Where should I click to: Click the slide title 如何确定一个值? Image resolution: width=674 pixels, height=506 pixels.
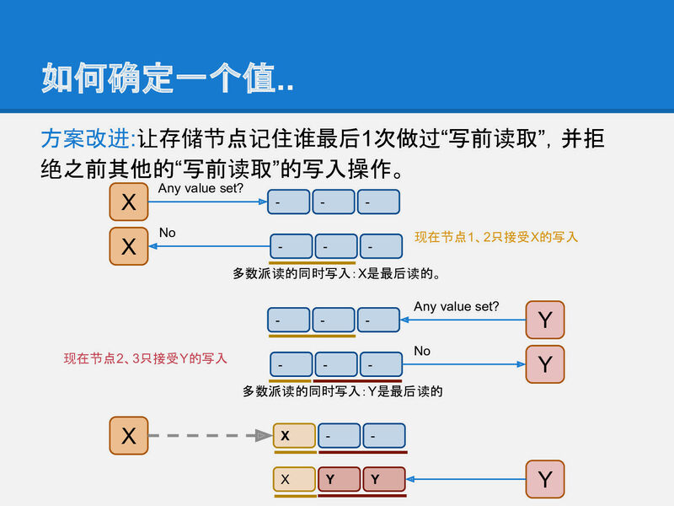coord(167,78)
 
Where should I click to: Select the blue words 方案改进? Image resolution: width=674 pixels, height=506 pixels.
coord(88,138)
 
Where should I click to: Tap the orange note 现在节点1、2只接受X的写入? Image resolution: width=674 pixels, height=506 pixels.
coord(496,237)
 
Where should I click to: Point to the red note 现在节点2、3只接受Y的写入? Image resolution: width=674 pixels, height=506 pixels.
coord(145,358)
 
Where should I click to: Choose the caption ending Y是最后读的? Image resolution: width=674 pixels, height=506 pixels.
coord(343,391)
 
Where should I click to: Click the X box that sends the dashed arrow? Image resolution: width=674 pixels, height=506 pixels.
coord(129,435)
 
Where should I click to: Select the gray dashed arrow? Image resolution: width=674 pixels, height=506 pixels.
coord(211,435)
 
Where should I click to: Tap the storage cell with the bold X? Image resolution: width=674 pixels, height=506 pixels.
coord(294,436)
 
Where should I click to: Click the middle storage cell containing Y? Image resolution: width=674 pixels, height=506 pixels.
coord(340,479)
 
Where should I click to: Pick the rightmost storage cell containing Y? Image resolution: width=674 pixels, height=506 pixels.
coord(384,479)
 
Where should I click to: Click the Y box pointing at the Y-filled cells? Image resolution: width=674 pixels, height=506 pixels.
coord(545,479)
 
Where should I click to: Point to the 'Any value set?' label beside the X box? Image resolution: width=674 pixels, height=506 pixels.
coord(201,188)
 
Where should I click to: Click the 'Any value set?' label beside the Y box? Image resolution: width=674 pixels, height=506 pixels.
coord(457,306)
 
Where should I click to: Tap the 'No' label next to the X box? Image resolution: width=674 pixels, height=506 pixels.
coord(167,233)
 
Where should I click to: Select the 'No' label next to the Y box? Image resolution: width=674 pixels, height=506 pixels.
coord(422,351)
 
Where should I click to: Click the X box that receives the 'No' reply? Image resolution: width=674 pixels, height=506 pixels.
coord(129,246)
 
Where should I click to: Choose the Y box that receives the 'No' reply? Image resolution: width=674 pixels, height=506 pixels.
coord(545,364)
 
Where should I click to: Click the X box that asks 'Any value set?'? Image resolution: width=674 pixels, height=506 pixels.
coord(129,202)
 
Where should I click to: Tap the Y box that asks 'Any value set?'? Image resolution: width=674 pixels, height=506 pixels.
coord(545,320)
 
